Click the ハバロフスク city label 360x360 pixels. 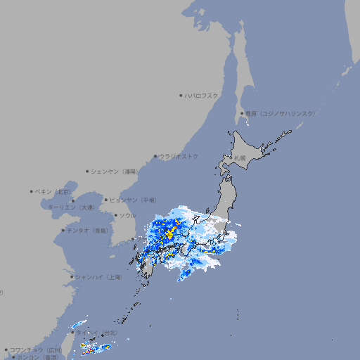202,95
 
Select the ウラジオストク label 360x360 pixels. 179,156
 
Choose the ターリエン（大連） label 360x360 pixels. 71,207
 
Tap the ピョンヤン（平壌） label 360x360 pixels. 132,200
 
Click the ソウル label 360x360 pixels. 127,215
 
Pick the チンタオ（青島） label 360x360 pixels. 88,230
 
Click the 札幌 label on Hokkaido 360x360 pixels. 240,157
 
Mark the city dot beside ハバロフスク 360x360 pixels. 181,95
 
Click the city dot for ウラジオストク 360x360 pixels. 155,156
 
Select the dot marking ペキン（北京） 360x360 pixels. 32,191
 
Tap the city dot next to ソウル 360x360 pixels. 115,215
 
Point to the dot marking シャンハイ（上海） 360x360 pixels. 72,277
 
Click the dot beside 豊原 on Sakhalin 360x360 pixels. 243,113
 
